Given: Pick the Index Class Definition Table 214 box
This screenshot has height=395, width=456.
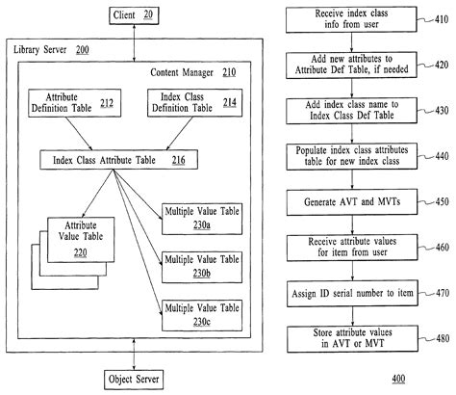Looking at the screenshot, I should (x=187, y=104).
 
